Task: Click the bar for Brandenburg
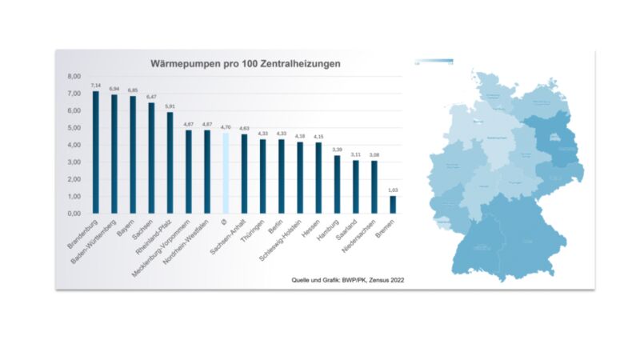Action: [95, 152]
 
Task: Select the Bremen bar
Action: [393, 204]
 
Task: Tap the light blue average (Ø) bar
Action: [226, 173]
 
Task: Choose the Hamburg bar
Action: [337, 184]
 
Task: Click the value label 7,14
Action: [95, 85]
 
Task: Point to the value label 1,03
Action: [393, 190]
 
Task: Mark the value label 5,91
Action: [170, 106]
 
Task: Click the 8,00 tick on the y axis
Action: [74, 77]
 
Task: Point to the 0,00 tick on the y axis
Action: [74, 214]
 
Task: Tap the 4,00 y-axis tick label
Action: [74, 146]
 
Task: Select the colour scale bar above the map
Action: [434, 62]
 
